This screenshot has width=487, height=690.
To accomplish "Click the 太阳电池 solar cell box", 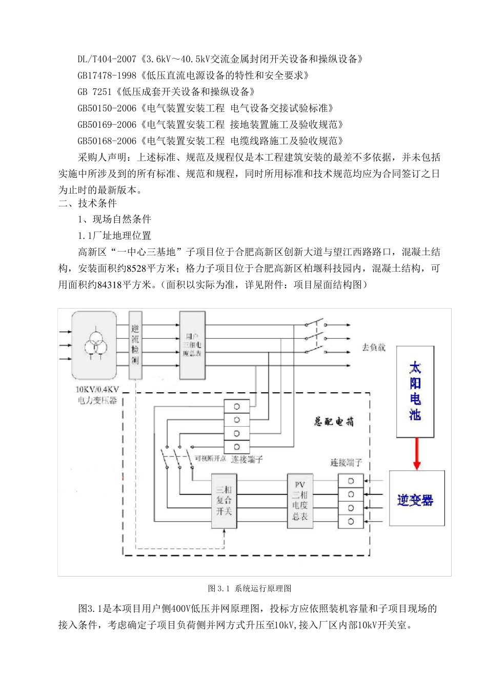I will coord(415,391).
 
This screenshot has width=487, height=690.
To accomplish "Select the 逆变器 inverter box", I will coord(416,499).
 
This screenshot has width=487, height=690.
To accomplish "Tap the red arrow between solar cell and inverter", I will coord(417,453).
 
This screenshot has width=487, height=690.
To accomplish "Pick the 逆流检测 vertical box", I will coord(135,344).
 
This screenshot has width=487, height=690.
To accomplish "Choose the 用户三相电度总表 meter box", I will coord(192,344).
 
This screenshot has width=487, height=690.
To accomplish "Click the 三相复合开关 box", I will coord(224,501).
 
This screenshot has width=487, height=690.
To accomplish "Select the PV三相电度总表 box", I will coord(299,501).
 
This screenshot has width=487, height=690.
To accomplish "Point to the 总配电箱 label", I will coord(334,422).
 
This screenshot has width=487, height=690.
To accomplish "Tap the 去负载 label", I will coord(374,348).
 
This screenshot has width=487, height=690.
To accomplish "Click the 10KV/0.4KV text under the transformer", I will coord(97,389).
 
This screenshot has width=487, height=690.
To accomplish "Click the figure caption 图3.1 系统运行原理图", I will coord(250,588).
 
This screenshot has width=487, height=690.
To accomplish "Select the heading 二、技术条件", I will coord(88,203).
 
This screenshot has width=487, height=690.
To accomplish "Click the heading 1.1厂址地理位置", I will coord(114,236).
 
